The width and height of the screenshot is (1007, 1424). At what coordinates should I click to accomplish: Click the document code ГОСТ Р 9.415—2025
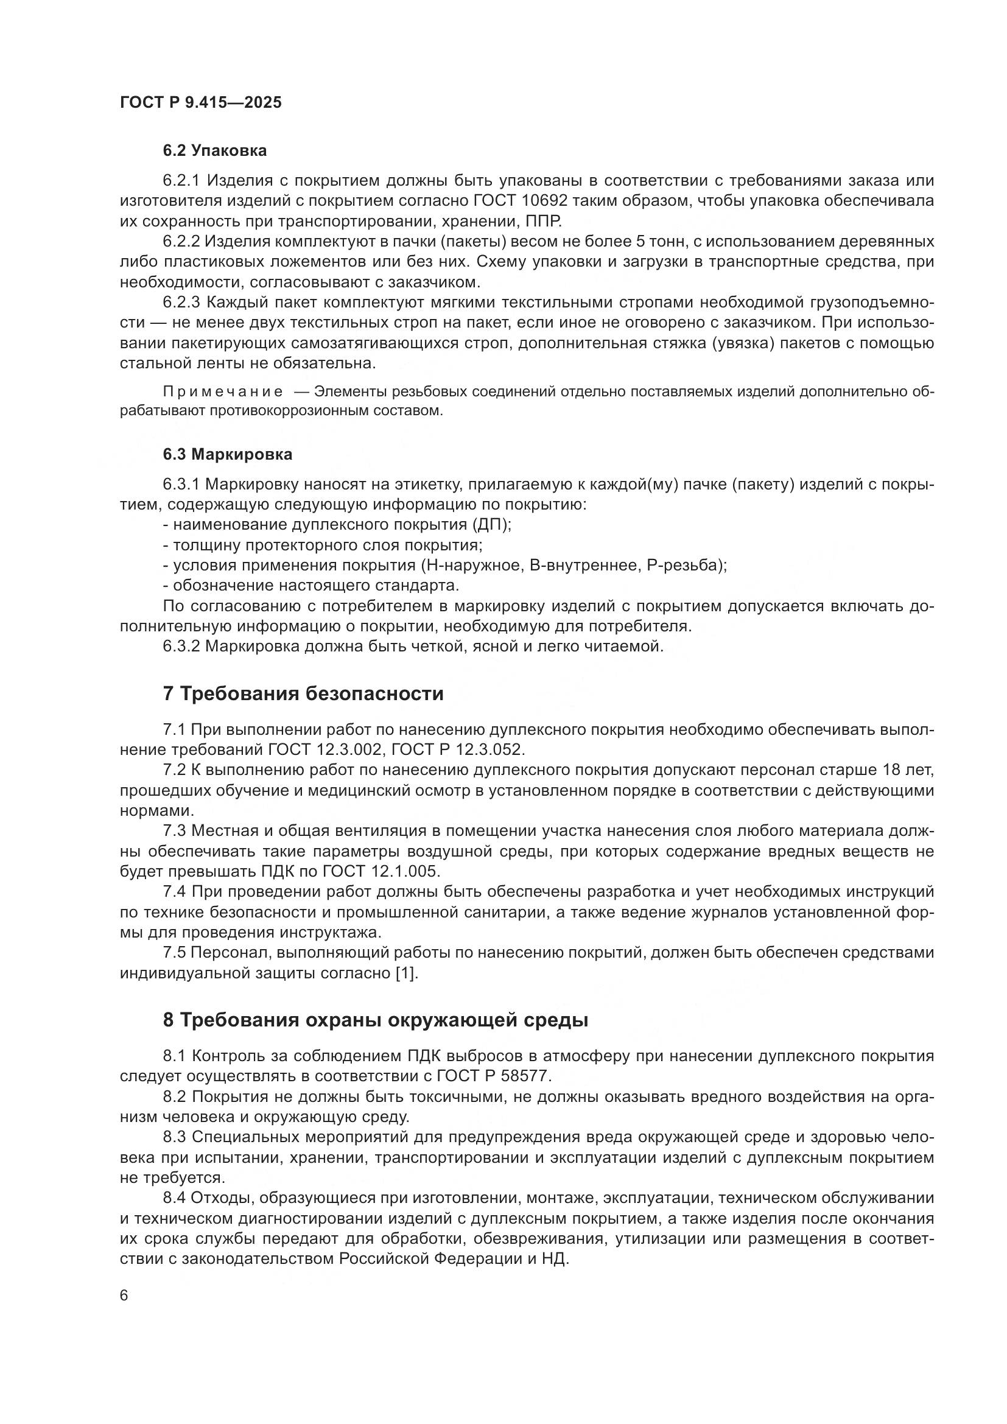point(200,102)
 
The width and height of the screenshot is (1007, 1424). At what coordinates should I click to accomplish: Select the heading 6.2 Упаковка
point(214,151)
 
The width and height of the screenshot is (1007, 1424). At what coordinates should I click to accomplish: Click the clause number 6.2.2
point(181,241)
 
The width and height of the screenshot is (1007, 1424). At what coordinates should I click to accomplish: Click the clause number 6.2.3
point(181,302)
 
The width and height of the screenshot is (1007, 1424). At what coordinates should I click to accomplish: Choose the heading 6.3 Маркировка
point(228,454)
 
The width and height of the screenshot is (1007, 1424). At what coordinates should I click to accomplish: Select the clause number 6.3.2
point(181,647)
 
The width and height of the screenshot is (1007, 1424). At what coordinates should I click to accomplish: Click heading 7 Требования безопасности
point(303,693)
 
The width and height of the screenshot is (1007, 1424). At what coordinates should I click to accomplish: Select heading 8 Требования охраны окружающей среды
point(375,1020)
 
